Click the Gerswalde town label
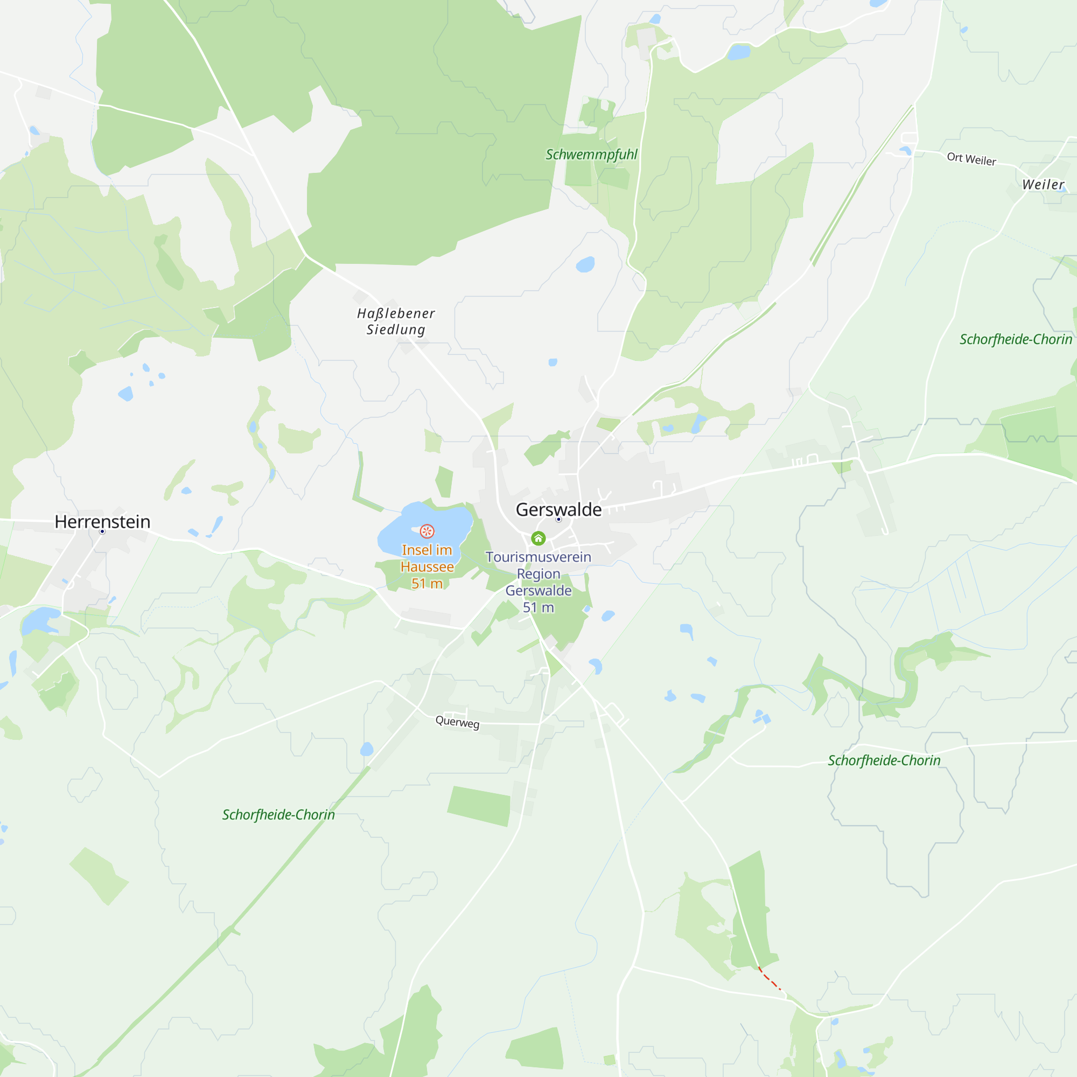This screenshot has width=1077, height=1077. [558, 509]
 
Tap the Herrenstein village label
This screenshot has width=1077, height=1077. [102, 522]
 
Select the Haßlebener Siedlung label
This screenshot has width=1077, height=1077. [396, 321]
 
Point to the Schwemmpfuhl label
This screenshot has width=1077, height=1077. [591, 155]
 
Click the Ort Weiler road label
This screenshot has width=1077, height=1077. [971, 159]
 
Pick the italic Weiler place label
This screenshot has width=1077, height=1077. [1043, 185]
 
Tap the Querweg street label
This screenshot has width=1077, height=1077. [457, 722]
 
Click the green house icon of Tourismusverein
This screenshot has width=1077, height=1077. [538, 538]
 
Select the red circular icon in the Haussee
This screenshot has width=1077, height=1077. [427, 531]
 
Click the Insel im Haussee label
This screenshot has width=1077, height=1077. [427, 567]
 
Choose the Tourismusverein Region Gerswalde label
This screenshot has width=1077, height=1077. [538, 582]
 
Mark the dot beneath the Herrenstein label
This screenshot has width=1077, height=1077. [102, 532]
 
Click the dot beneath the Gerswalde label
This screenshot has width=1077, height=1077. [558, 520]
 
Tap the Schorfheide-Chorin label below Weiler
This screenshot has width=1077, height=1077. [1016, 339]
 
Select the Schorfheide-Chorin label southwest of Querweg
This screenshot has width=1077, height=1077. [278, 815]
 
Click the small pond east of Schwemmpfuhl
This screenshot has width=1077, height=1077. [739, 52]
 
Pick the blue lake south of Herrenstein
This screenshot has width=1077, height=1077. [40, 620]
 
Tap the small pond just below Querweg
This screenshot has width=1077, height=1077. [366, 749]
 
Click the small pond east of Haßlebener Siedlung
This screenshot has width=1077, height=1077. [553, 362]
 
